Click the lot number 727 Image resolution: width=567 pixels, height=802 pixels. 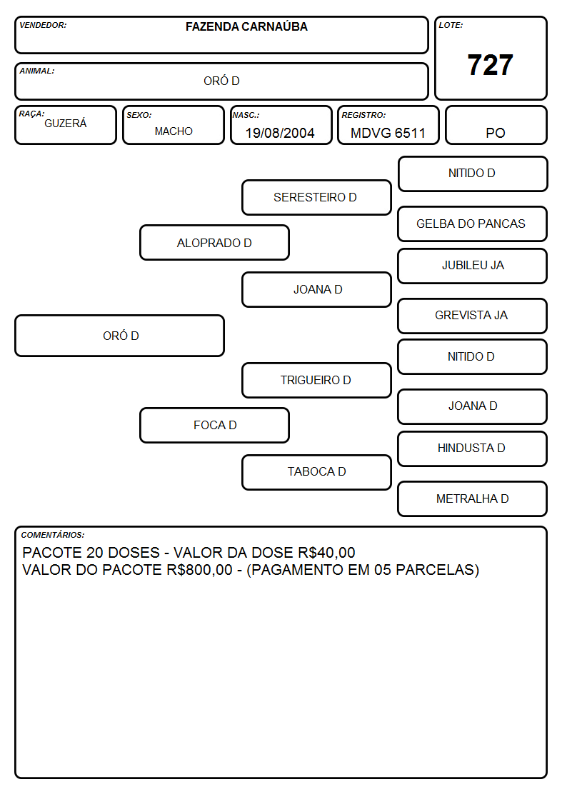tap(490, 65)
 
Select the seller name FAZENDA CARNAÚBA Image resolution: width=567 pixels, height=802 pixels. tap(246, 26)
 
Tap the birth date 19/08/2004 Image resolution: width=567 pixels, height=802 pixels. tap(280, 133)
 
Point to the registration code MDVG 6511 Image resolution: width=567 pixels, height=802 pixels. tap(388, 133)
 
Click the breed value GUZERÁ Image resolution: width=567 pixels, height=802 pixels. tap(66, 123)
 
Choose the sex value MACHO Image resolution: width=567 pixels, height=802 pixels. tap(174, 131)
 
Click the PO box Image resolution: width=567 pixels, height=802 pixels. tap(496, 125)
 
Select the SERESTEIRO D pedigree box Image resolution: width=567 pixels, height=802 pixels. tap(316, 197)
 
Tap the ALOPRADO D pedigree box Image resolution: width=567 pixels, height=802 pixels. tap(214, 242)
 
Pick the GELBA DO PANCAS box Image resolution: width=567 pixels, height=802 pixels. tap(473, 224)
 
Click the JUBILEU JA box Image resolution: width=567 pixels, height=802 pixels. tap(473, 266)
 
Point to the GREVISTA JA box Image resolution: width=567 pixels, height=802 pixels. tap(473, 316)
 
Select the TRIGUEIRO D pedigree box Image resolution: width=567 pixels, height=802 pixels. tap(316, 380)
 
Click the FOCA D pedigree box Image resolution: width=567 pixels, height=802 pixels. tap(214, 425)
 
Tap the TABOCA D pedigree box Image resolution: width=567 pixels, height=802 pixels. tap(316, 472)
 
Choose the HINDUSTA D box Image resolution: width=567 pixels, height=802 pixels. tap(473, 448)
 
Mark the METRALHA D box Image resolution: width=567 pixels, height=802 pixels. tap(473, 498)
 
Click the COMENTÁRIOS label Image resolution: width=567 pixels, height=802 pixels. tap(53, 535)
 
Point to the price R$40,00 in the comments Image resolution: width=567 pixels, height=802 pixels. tap(326, 553)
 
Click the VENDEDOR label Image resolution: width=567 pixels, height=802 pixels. tap(43, 25)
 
